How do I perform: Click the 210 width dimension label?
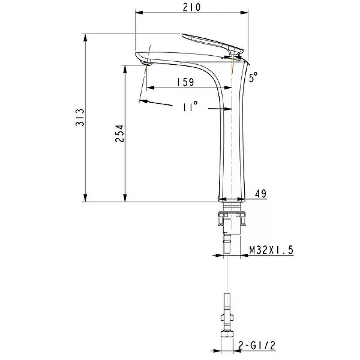tap(192, 8)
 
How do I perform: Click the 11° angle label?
tap(190, 107)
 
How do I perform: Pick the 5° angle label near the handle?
tap(254, 77)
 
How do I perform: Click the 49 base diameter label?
tap(260, 193)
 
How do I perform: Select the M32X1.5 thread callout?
tap(271, 250)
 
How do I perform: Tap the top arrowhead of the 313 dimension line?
tap(85, 36)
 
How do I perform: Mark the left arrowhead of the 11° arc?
tap(142, 101)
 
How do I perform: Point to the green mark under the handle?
tap(232, 57)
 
